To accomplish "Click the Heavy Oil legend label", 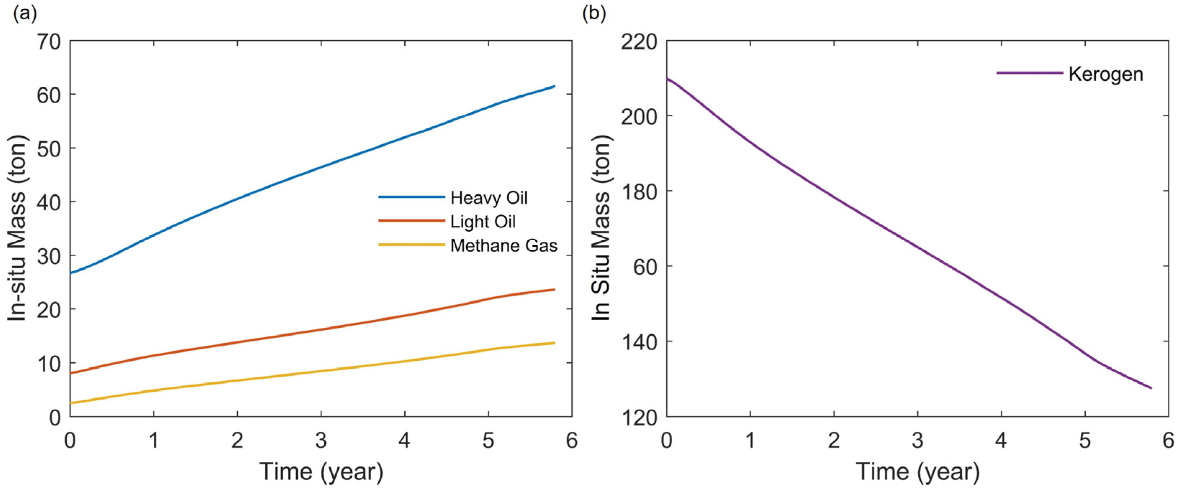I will click(x=489, y=198).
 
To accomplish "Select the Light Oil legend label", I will click(x=483, y=222).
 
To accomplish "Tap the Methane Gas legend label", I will click(x=504, y=246).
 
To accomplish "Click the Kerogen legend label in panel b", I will click(x=1105, y=74).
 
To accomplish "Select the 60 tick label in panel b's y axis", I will click(x=644, y=266).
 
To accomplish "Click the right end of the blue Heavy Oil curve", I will click(x=555, y=86).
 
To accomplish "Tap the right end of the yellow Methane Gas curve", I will click(x=555, y=343).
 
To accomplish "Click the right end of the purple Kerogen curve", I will click(x=1151, y=388).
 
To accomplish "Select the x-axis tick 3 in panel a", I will click(x=321, y=441).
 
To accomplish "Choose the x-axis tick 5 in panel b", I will click(x=1085, y=441).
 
